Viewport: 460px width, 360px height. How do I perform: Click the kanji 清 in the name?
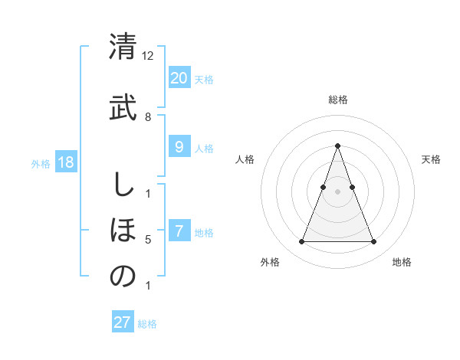click(x=123, y=47)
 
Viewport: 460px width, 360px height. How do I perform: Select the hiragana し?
click(x=123, y=185)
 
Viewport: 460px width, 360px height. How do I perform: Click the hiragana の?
click(x=123, y=277)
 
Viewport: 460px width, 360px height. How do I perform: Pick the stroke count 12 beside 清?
click(x=148, y=56)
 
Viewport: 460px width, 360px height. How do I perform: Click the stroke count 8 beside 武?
click(x=148, y=117)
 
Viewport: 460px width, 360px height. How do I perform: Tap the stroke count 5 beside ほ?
click(x=148, y=240)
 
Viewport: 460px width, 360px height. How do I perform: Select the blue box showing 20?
click(x=179, y=77)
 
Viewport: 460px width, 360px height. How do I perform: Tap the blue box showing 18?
click(x=65, y=162)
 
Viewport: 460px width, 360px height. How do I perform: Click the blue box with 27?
click(x=123, y=322)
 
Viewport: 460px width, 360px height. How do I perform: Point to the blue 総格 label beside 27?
click(x=147, y=324)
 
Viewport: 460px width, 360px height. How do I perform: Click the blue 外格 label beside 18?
click(x=41, y=164)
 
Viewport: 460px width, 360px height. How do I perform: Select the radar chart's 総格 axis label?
click(x=337, y=100)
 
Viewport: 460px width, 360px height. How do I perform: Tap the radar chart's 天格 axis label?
click(x=431, y=159)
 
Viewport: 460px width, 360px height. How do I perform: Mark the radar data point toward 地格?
click(x=373, y=242)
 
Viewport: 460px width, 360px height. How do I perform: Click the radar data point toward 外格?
click(x=301, y=242)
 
